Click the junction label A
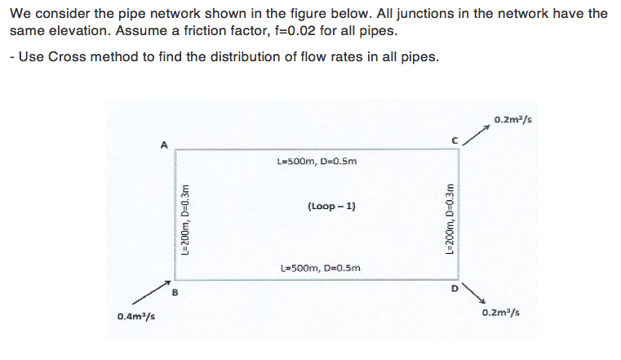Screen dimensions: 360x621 click(163, 144)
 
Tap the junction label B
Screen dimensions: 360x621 click(173, 287)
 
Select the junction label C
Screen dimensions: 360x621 click(456, 141)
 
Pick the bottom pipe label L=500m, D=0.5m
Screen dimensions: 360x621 click(318, 267)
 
